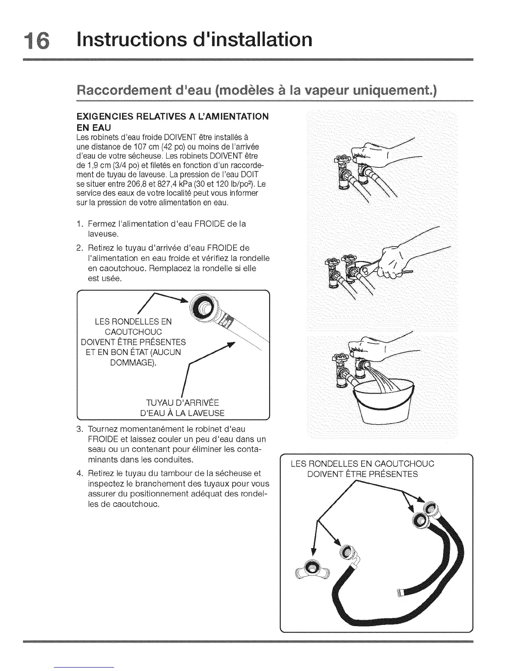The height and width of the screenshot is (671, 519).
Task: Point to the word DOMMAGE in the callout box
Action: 132,363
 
